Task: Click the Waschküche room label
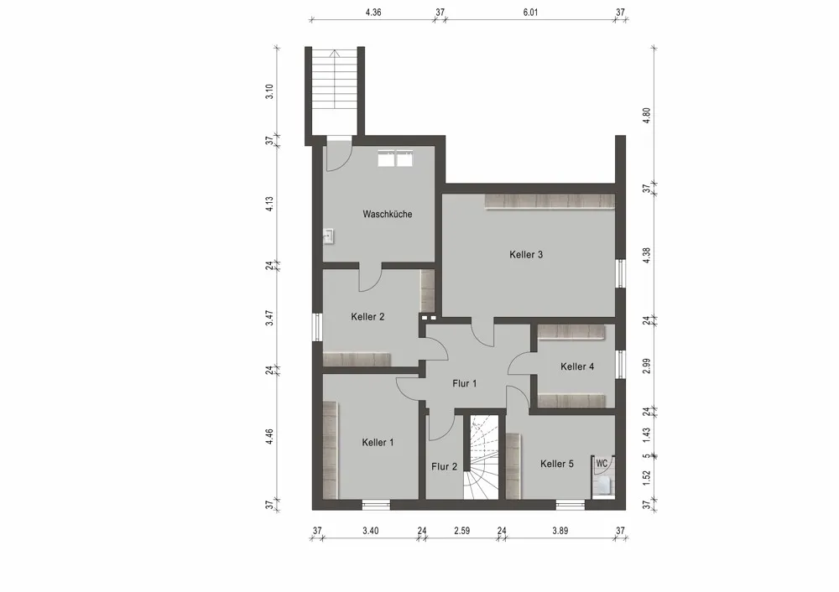(x=387, y=215)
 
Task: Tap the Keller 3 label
(x=526, y=255)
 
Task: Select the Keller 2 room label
(x=367, y=317)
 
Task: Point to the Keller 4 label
(x=577, y=366)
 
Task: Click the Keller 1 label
(x=378, y=443)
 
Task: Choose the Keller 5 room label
(x=557, y=464)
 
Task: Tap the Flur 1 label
(x=464, y=384)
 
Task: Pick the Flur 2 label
(x=444, y=467)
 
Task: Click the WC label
(x=602, y=463)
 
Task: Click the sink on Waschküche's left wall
(x=328, y=236)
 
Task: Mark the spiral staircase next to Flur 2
(x=482, y=458)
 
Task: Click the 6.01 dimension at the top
(x=529, y=13)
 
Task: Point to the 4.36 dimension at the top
(x=373, y=13)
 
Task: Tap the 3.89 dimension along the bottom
(x=560, y=530)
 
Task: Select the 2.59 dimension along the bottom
(x=462, y=530)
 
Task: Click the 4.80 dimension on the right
(x=646, y=115)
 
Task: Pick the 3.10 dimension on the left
(x=269, y=91)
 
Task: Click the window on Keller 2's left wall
(x=317, y=326)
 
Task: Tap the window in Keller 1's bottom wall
(x=376, y=504)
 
